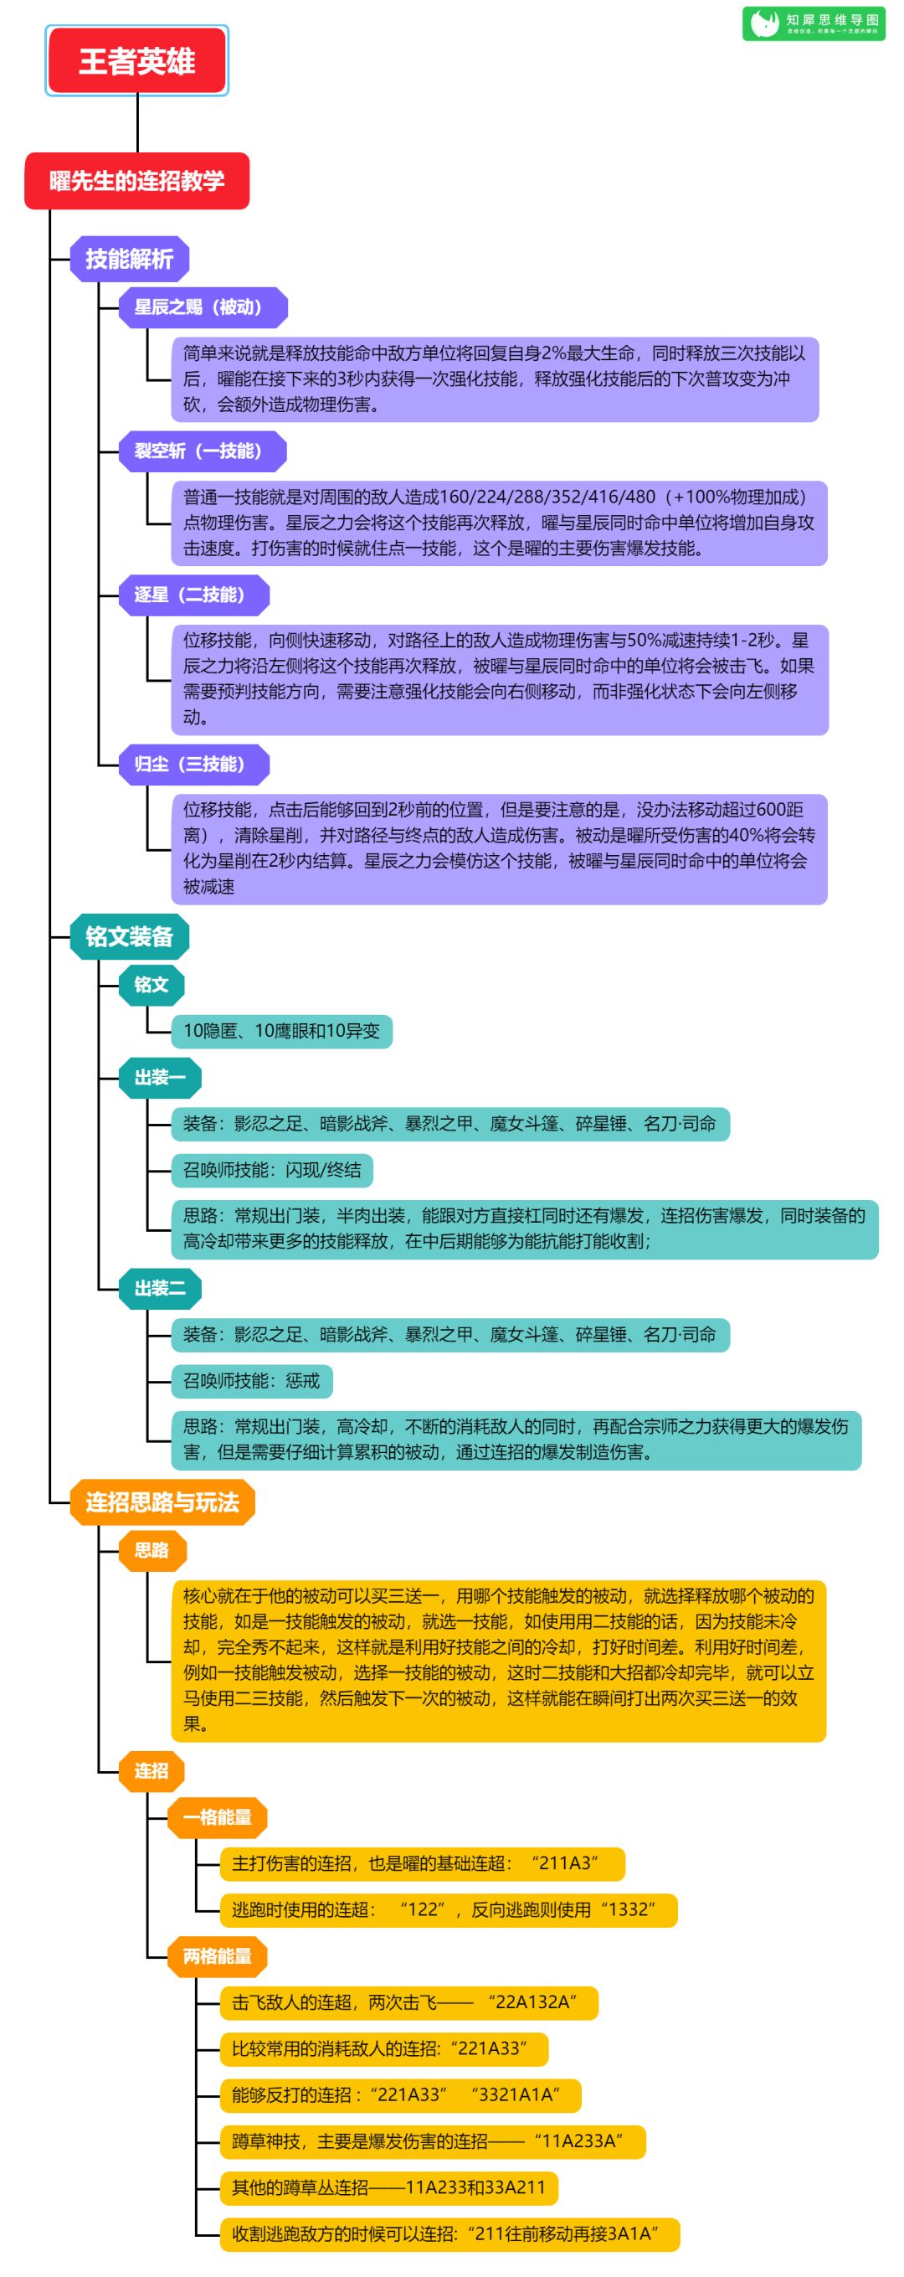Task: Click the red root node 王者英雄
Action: [x=137, y=61]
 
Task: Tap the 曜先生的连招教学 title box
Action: [x=137, y=181]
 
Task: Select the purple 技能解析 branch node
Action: [x=129, y=259]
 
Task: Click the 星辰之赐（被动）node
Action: [x=199, y=307]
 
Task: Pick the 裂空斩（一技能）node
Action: [x=199, y=451]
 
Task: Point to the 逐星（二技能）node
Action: [x=190, y=595]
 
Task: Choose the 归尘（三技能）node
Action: [x=190, y=765]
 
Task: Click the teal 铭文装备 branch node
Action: [x=129, y=937]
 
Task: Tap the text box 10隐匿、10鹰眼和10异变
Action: [x=281, y=1031]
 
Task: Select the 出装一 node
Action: [x=160, y=1078]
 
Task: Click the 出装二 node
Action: [x=160, y=1289]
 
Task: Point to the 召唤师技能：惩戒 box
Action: [x=252, y=1381]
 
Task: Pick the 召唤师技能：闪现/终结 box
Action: [x=272, y=1170]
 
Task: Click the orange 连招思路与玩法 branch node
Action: [x=162, y=1502]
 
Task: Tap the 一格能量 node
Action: [x=218, y=1817]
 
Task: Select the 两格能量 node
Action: [x=218, y=1956]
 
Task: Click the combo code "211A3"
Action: [x=565, y=1863]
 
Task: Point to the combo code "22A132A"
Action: [x=533, y=2002]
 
